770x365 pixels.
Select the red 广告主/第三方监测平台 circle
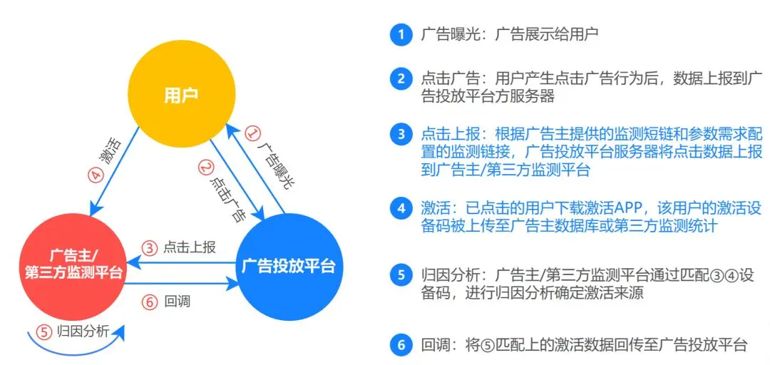[75, 264]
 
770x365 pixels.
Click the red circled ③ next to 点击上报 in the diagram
[149, 248]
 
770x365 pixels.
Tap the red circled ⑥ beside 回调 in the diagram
[149, 302]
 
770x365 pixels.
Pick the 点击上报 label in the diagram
[189, 248]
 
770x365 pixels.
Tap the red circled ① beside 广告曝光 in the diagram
[252, 133]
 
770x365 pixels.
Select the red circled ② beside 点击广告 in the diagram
[207, 168]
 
